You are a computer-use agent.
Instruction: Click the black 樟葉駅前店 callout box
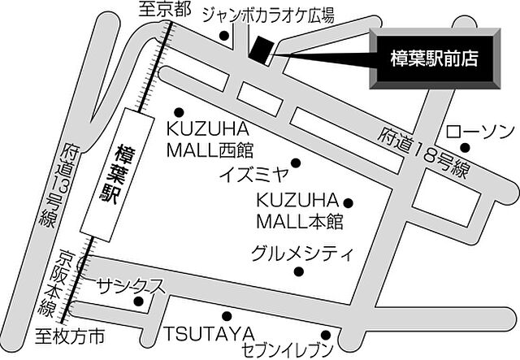coord(432,59)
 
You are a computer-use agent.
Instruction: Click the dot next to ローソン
coord(466,148)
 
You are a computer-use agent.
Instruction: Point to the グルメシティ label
coord(302,251)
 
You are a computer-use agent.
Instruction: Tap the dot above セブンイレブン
coord(324,333)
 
